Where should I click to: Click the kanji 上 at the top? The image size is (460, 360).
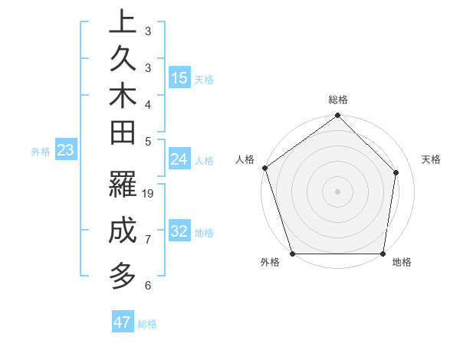122,22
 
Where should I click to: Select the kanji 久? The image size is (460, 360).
122,59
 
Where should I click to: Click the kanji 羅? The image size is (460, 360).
122,185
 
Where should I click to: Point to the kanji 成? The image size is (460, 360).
122,231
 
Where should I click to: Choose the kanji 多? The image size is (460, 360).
122,275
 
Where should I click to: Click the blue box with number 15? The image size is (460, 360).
179,77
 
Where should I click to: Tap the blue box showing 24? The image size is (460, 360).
179,159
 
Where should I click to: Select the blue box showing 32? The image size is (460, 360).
179,231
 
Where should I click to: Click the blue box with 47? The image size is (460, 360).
123,322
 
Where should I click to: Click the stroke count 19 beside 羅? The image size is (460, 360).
149,194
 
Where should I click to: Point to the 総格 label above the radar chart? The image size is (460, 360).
338,100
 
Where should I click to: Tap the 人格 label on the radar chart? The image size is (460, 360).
245,159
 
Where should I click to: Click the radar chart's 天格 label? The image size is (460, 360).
432,159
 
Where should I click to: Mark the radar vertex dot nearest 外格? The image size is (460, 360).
292,254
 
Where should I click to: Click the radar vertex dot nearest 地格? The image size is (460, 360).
383,254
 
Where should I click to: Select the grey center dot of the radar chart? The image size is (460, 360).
338,191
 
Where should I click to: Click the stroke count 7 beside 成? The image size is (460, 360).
148,240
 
